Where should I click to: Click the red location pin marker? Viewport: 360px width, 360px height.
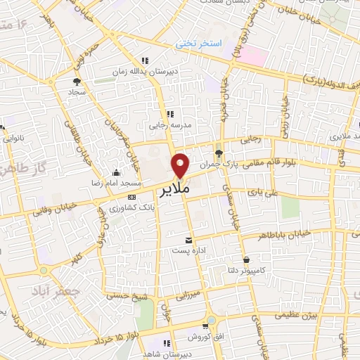(x=181, y=165)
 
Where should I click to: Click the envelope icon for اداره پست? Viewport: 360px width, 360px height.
(x=188, y=240)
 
